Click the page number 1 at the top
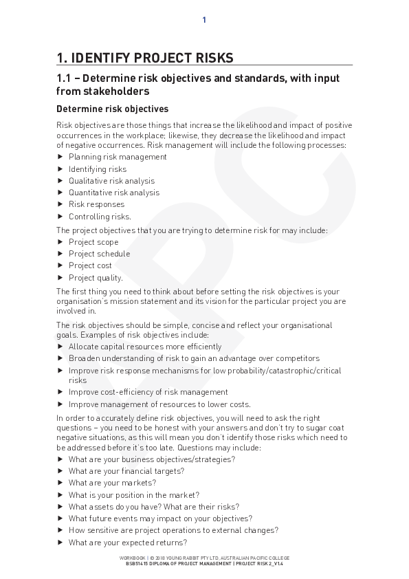tap(204, 20)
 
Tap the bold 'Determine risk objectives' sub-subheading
tap(112, 109)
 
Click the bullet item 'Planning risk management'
tap(118, 157)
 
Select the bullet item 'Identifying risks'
tap(98, 169)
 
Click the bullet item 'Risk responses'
tap(96, 204)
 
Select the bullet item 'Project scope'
tap(93, 242)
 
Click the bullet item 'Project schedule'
tap(99, 254)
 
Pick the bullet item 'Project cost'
tap(90, 265)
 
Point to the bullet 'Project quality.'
tap(96, 278)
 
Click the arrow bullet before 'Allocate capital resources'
tap(60, 347)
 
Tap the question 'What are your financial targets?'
tap(126, 471)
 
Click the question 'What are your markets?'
tap(112, 483)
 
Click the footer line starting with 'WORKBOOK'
tap(205, 558)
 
